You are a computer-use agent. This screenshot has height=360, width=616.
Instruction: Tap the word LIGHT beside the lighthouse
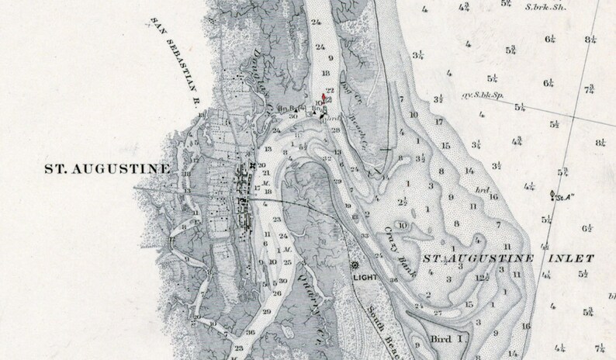click(x=365, y=276)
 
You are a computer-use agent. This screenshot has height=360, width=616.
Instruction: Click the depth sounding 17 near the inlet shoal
click(x=438, y=122)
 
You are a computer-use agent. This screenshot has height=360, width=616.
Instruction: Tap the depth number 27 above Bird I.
click(x=438, y=313)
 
